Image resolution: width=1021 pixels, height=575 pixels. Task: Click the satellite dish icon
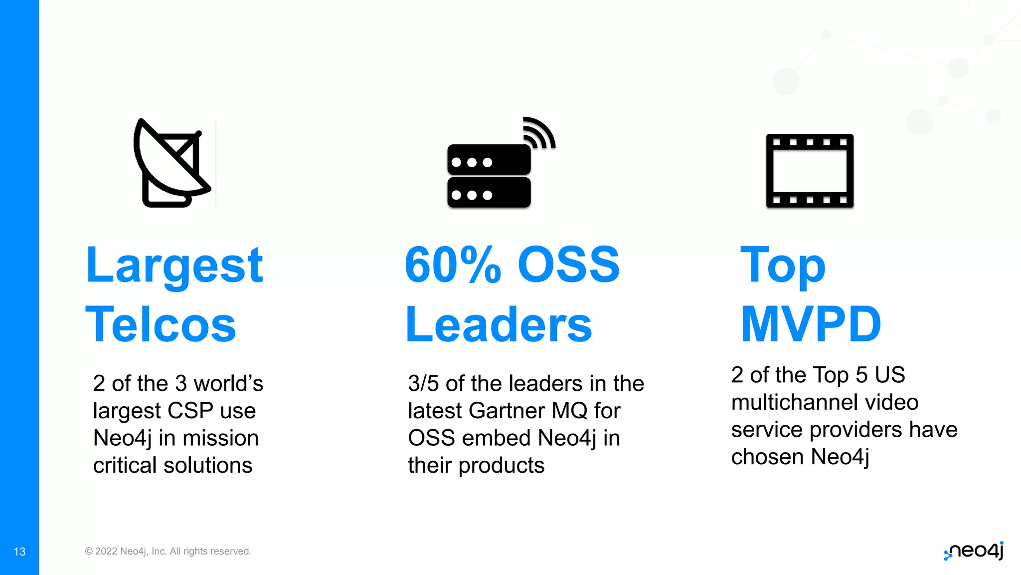172,163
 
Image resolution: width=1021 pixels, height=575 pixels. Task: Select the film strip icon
810,171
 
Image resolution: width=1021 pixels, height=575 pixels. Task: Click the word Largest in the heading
174,266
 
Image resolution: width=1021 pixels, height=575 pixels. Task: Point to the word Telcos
161,325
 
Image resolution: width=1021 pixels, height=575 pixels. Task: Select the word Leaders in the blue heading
499,325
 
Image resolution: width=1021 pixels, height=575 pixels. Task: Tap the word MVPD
811,324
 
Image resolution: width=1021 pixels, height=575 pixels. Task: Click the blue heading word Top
783,266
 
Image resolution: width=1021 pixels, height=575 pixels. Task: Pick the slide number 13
19,552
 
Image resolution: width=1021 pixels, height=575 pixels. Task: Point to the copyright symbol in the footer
89,551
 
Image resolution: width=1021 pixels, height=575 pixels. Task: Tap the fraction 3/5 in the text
423,384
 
